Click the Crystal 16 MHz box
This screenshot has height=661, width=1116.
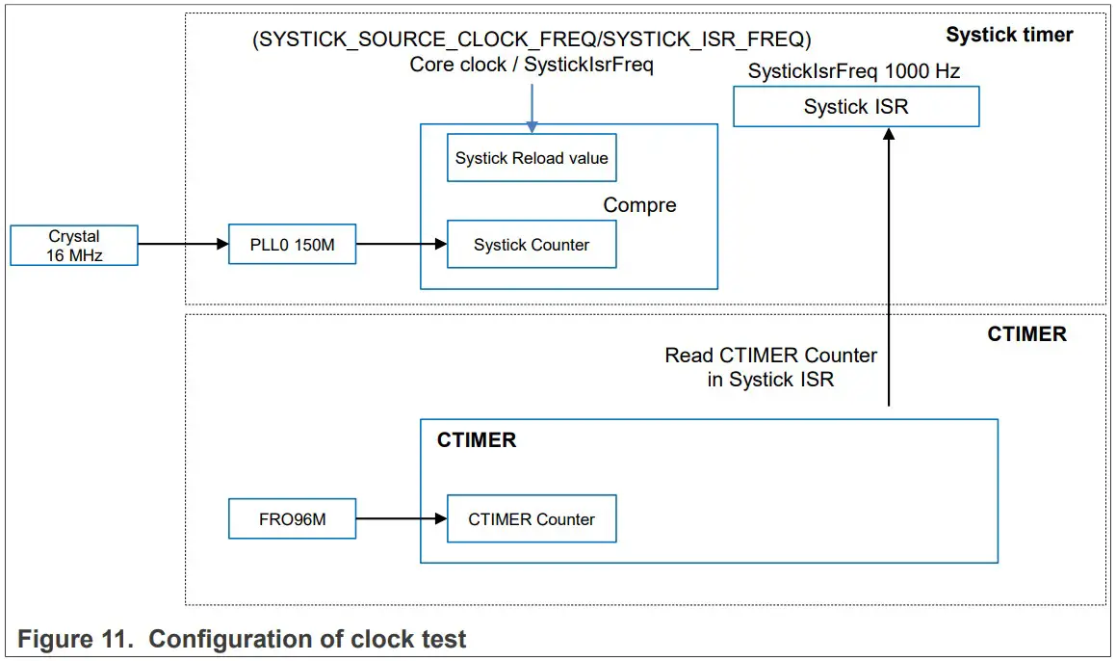point(74,246)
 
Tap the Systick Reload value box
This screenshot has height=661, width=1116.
point(532,158)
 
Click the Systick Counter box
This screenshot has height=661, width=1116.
point(532,245)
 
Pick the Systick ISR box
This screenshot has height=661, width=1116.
point(855,107)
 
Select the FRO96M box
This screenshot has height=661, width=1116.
point(292,519)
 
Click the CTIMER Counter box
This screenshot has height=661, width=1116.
point(532,519)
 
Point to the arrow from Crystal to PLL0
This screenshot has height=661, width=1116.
point(183,245)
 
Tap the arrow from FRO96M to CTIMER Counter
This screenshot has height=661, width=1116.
point(401,519)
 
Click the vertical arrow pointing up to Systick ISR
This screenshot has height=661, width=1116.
point(889,270)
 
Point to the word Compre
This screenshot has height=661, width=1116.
point(639,205)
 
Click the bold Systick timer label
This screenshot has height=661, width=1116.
point(1008,35)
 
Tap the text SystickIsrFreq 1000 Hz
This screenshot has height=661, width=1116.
point(853,71)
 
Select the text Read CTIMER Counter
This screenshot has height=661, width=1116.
point(770,356)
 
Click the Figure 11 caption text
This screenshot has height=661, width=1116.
point(242,639)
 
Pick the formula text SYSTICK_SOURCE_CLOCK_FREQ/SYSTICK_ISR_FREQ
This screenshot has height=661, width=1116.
point(531,40)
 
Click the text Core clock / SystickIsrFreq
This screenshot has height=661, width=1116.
point(532,65)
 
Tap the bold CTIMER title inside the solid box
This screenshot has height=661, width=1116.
point(477,440)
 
